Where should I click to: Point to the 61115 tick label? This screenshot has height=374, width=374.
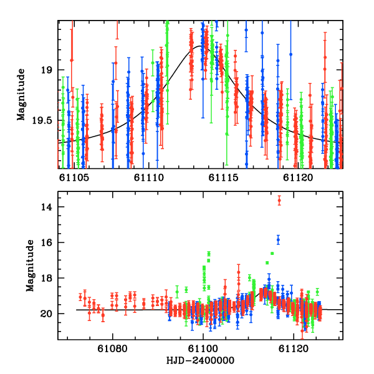click(x=223, y=178)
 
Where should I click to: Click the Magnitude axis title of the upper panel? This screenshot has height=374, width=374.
click(x=21, y=94)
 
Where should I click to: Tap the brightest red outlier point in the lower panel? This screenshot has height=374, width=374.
click(x=279, y=199)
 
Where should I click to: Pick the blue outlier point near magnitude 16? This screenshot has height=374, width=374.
click(x=278, y=240)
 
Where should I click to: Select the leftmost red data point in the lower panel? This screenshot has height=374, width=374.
click(x=80, y=297)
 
